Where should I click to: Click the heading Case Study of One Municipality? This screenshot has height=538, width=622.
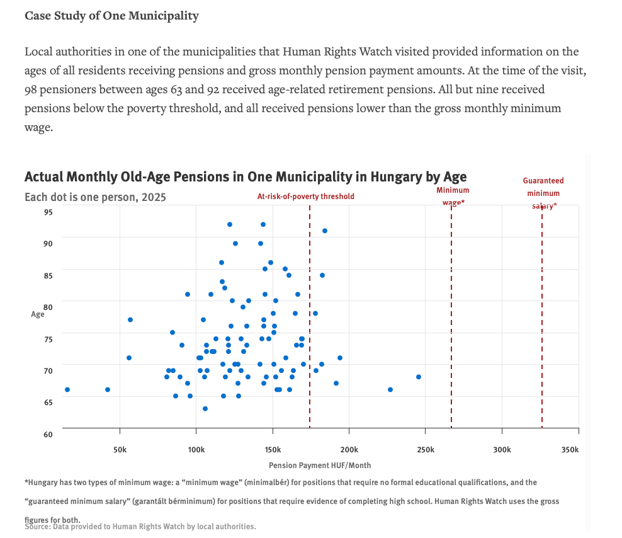(111, 16)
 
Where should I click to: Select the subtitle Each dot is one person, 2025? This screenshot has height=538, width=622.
(95, 197)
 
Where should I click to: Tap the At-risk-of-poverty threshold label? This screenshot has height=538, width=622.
(306, 197)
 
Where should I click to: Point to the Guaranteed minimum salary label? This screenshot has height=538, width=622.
(543, 193)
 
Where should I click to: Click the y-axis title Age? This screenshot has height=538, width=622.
(38, 314)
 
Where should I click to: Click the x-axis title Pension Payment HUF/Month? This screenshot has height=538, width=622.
(320, 466)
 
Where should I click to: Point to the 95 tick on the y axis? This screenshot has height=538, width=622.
(48, 212)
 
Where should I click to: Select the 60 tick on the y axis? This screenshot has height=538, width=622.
(48, 435)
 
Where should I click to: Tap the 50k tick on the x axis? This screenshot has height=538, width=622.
(120, 450)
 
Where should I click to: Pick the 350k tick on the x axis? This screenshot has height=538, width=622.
(569, 450)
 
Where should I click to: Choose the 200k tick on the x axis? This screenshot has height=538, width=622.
(349, 450)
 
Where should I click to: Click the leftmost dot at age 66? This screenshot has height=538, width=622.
(67, 389)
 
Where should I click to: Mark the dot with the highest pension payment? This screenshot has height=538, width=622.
(419, 377)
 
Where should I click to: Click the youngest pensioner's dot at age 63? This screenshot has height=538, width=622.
(205, 409)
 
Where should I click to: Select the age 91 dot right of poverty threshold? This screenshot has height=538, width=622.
(325, 231)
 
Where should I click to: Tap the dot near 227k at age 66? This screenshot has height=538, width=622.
(390, 389)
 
